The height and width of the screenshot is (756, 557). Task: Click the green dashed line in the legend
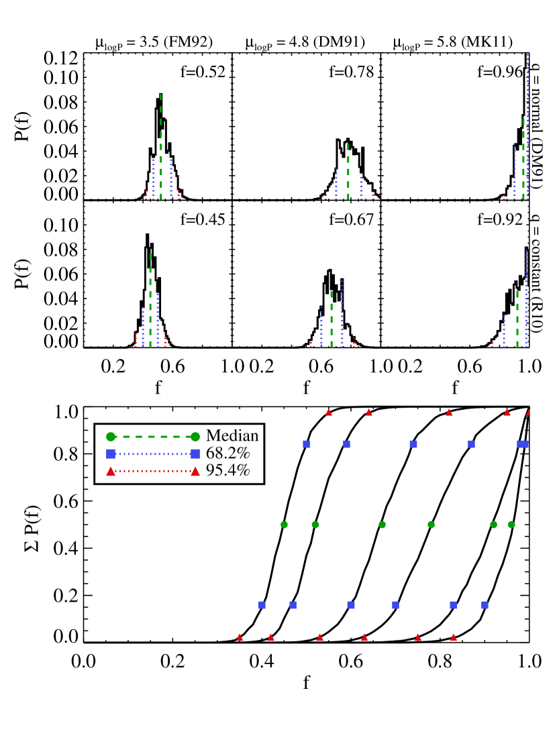[153, 437]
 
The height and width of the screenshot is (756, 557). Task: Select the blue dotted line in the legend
[153, 454]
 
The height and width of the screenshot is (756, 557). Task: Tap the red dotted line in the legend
[153, 471]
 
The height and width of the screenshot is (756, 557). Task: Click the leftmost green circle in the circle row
[284, 525]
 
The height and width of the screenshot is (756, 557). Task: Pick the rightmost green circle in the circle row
[511, 525]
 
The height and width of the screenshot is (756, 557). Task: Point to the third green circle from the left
[383, 525]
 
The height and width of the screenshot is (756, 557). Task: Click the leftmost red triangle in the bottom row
[240, 637]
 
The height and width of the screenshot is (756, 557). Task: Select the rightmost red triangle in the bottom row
[454, 637]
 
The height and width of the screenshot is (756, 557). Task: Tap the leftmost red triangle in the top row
[329, 412]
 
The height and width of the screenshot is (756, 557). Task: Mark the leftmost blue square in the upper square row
[306, 444]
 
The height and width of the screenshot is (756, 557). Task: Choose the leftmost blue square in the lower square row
[262, 605]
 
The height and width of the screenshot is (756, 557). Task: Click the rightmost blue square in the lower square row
[485, 605]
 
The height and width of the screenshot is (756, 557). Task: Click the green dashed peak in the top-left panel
[161, 148]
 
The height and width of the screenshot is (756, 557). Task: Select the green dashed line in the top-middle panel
[348, 172]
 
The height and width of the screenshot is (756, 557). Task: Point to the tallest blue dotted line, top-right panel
[527, 127]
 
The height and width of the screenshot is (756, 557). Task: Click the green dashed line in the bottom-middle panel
[332, 319]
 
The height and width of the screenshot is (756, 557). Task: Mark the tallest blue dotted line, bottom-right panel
[526, 299]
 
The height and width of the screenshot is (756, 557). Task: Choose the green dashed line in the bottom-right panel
[517, 319]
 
